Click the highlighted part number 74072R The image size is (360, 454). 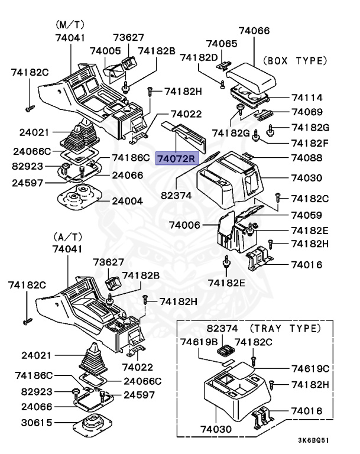[176, 158]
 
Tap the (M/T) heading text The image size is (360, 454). [70, 25]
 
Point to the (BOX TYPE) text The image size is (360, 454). [294, 60]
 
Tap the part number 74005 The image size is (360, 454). [106, 51]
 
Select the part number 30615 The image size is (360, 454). [36, 423]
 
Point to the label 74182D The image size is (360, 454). [199, 57]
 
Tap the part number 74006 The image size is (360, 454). [185, 225]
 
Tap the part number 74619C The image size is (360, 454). [310, 368]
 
